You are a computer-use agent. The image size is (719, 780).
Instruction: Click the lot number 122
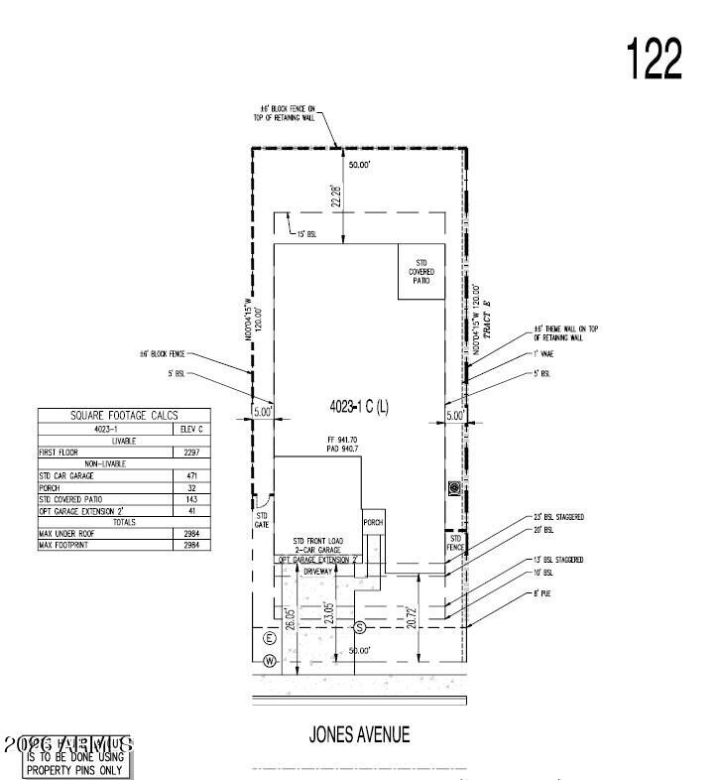tap(655, 60)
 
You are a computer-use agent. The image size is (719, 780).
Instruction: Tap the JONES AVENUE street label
tap(359, 735)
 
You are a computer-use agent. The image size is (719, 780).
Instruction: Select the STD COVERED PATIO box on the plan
tap(421, 271)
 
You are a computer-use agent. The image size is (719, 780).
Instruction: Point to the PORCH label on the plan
tap(373, 522)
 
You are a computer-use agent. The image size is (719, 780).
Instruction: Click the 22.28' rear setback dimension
tap(337, 195)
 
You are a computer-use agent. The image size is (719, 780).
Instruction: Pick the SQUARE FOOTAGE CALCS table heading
tap(122, 416)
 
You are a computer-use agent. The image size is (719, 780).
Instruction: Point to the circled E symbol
tap(269, 637)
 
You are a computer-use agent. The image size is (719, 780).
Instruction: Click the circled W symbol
tap(269, 661)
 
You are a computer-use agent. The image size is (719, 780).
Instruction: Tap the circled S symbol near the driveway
tap(360, 627)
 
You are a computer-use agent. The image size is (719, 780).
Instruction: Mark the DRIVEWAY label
tap(317, 572)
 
